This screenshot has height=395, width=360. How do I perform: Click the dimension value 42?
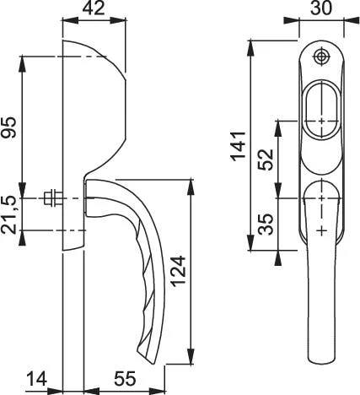click(x=94, y=8)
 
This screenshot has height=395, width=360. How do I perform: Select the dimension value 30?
click(x=321, y=8)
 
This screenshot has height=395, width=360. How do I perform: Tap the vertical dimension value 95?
click(x=8, y=127)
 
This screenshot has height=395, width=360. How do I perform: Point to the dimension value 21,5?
click(x=8, y=215)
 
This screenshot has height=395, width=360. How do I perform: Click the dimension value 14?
click(x=37, y=379)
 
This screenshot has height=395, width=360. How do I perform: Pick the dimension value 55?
click(x=125, y=379)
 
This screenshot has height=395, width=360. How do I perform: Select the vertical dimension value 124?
click(x=179, y=271)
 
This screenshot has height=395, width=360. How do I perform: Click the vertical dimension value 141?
click(x=239, y=146)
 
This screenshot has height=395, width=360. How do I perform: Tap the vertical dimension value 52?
click(x=266, y=160)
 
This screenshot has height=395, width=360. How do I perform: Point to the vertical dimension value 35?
click(x=266, y=225)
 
